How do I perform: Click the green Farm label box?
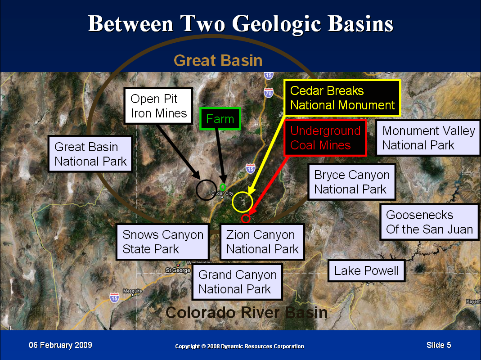pyautogui.click(x=220, y=119)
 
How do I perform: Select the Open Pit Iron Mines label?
pyautogui.click(x=158, y=106)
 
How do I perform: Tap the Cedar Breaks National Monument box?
pyautogui.click(x=342, y=98)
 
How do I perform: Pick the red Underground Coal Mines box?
pyautogui.click(x=325, y=138)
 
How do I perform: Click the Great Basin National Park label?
pyautogui.click(x=90, y=154)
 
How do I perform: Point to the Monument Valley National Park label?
pyautogui.click(x=428, y=138)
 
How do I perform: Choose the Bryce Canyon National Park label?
pyautogui.click(x=352, y=182)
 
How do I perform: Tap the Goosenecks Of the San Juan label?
pyautogui.click(x=429, y=222)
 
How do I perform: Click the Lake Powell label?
pyautogui.click(x=367, y=271)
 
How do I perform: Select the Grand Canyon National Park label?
pyautogui.click(x=237, y=282)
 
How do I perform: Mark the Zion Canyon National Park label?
pyautogui.click(x=262, y=242)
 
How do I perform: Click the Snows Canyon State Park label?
pyautogui.click(x=162, y=242)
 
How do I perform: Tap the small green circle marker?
pyautogui.click(x=223, y=187)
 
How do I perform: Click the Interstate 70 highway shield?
pyautogui.click(x=269, y=92)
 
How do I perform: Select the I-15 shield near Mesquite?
pyautogui.click(x=114, y=297)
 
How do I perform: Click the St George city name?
pyautogui.click(x=178, y=270)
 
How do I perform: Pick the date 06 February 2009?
pyautogui.click(x=60, y=345)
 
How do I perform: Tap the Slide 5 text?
pyautogui.click(x=439, y=345)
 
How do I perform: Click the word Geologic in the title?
pyautogui.click(x=277, y=24)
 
